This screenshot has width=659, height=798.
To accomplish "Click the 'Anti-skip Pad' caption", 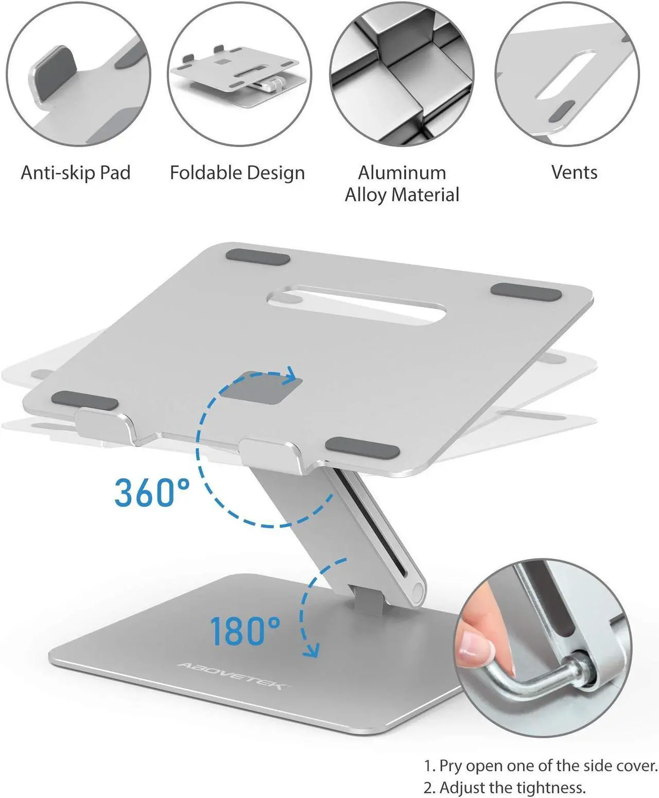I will tap(76, 173).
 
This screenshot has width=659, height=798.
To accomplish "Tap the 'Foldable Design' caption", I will tap(237, 173).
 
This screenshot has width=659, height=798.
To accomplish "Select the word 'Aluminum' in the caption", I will tap(402, 172).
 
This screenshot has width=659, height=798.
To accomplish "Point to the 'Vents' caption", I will tap(574, 172).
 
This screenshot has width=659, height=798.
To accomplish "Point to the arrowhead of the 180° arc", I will tap(310, 650).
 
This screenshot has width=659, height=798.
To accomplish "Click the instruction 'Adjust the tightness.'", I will tap(512, 787).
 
